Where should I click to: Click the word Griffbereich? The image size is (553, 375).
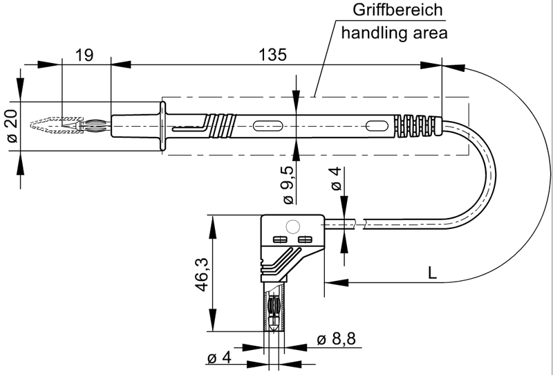391,11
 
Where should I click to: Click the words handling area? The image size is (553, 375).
391,32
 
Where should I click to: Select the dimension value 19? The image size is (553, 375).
85,55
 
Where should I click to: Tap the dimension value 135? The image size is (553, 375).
273,55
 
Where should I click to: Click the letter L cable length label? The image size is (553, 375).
432,273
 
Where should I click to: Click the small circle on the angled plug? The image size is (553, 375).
293,226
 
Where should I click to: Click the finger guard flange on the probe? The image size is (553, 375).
163,125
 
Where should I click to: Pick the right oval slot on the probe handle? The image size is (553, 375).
376,126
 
